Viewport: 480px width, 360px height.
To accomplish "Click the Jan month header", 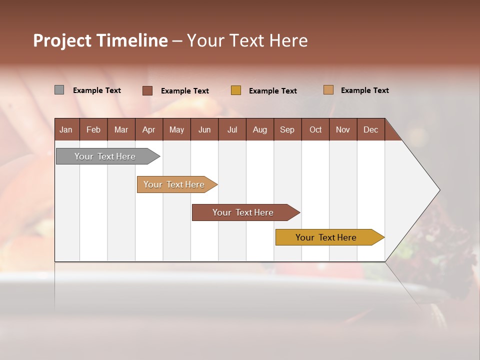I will pos(66,129).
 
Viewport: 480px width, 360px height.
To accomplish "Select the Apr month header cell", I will pos(148,129).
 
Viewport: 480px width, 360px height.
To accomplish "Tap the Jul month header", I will pos(232,129).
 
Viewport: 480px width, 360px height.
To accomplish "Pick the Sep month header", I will pos(287,129).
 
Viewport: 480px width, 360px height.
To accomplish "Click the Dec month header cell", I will pos(370,129).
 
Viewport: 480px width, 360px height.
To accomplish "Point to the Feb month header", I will pos(93,129).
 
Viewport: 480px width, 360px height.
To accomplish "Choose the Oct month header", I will pos(315,129).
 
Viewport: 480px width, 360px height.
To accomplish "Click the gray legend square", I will pos(59,90).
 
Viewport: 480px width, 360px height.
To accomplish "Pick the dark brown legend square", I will pos(147,90).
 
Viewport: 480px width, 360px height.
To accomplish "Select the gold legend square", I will pos(235,90).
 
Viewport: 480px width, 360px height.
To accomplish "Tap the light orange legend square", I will pos(328,90).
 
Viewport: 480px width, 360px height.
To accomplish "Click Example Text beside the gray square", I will pos(97,90).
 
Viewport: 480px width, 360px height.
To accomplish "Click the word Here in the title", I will pos(288,40).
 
